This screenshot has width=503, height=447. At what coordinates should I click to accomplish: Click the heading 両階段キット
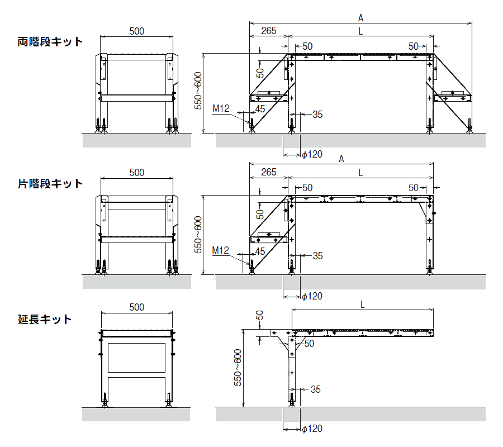(50, 42)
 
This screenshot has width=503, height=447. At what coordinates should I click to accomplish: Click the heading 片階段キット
(50, 184)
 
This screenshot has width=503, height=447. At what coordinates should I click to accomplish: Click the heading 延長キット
(45, 320)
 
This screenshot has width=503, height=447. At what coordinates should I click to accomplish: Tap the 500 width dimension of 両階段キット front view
(136, 31)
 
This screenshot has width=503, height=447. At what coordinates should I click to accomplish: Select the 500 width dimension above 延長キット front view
(136, 307)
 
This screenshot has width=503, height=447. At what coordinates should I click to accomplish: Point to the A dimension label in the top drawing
(360, 18)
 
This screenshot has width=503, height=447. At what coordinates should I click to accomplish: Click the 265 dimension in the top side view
(268, 31)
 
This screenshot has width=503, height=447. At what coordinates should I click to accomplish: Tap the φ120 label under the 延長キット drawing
(312, 429)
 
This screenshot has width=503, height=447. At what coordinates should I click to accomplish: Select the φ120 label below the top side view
(312, 154)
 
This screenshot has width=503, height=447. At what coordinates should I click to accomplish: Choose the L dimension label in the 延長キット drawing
(362, 305)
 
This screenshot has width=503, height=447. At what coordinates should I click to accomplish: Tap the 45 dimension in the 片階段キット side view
(260, 251)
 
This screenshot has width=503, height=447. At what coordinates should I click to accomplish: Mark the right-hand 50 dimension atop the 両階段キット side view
(414, 46)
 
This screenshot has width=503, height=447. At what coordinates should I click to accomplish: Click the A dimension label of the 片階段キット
(341, 159)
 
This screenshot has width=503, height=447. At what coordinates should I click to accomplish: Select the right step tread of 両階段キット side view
(452, 98)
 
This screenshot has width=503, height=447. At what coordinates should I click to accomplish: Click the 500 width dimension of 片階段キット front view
(136, 173)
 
